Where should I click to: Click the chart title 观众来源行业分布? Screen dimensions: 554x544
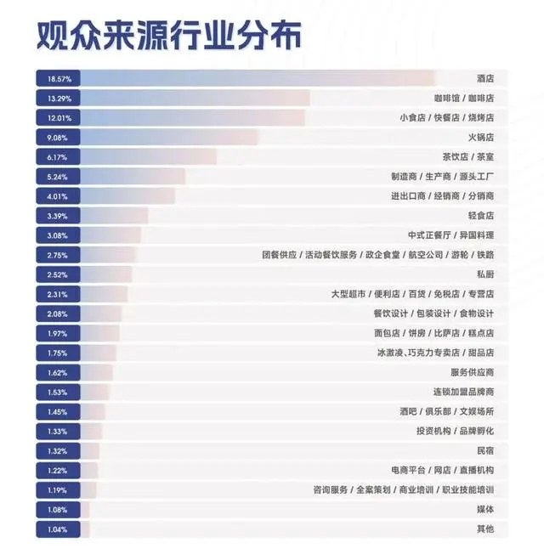coord(167,37)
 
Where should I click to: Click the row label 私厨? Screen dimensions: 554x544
coord(485,274)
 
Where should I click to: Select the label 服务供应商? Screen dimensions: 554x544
coord(472,372)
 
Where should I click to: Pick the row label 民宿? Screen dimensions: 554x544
coord(485,450)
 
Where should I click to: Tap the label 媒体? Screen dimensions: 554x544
coord(485,509)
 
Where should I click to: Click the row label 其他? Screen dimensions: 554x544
coord(485,529)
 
